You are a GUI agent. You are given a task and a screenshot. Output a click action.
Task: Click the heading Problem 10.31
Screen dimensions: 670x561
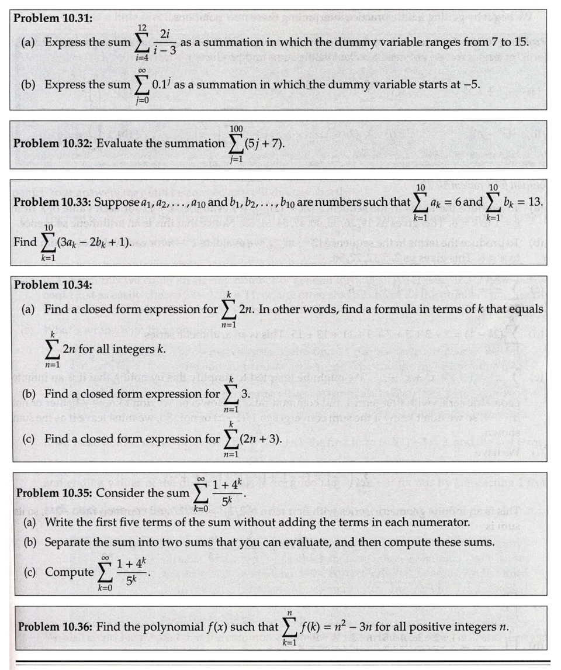pyautogui.click(x=53, y=18)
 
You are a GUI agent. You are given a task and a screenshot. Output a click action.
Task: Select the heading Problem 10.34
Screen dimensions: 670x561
pyautogui.click(x=53, y=285)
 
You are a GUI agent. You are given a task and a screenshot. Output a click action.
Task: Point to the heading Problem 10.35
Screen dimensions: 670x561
pyautogui.click(x=53, y=493)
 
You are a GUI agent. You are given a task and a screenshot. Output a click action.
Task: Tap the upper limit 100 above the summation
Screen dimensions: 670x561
pyautogui.click(x=237, y=128)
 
